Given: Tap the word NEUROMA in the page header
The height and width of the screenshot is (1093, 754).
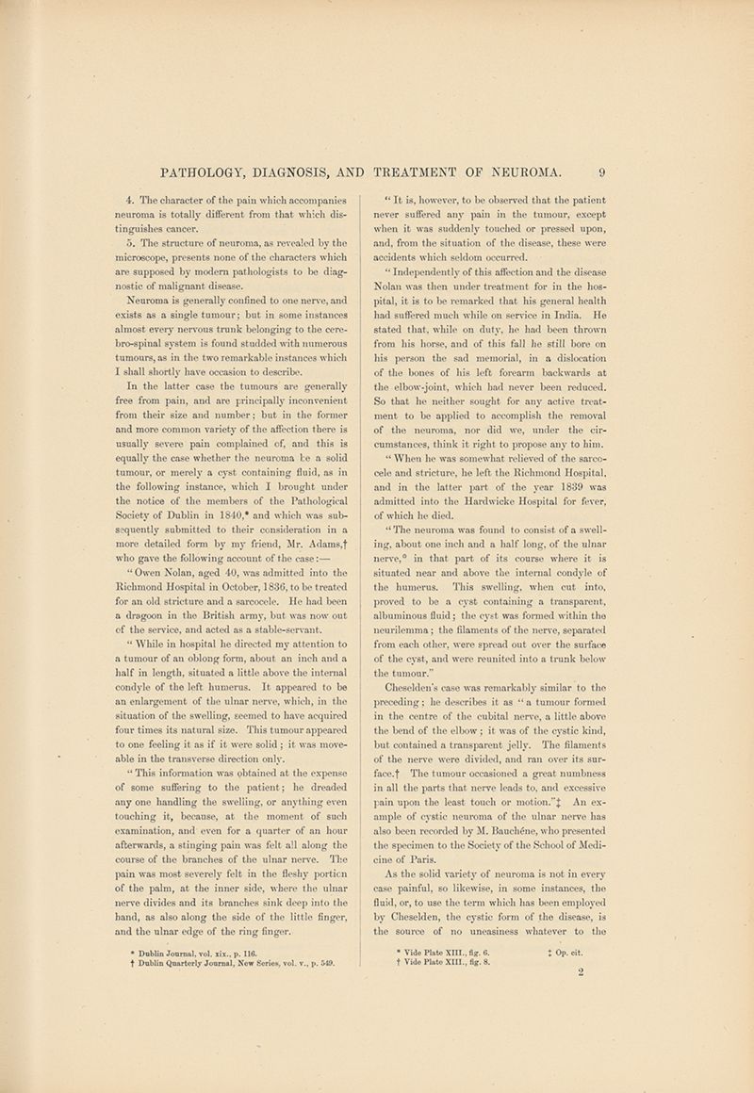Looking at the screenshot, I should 525,172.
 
